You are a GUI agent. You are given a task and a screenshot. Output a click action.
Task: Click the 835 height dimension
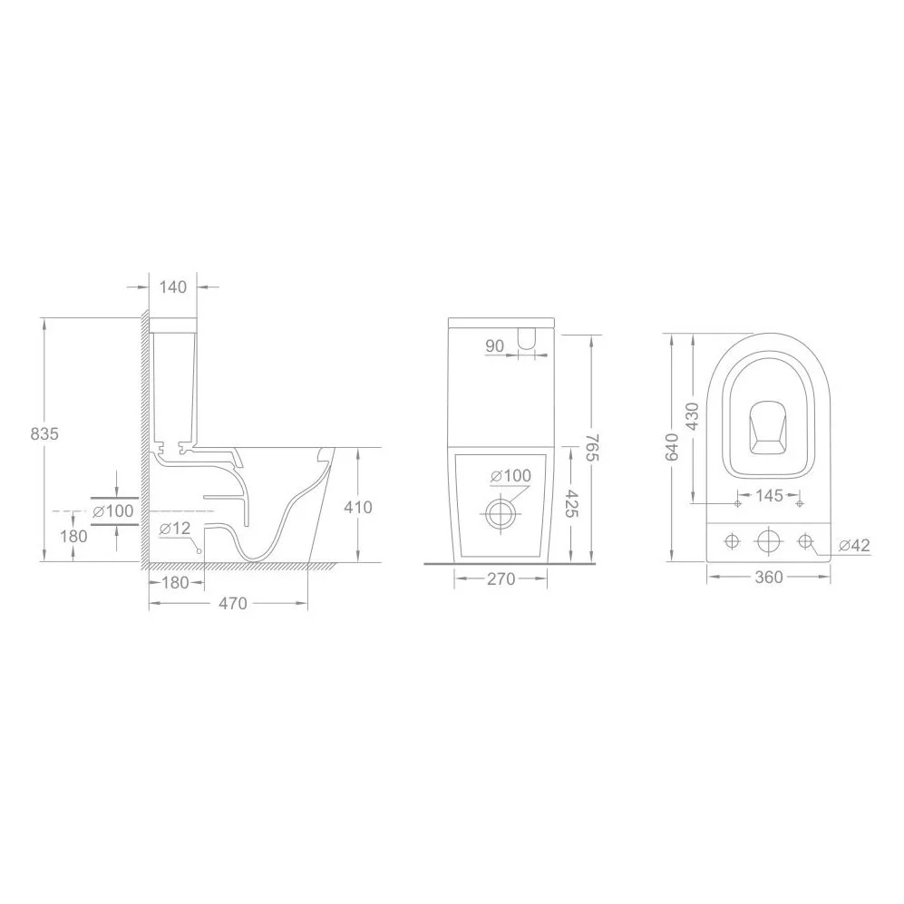point(44,433)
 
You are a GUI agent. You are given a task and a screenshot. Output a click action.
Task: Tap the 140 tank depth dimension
point(173,287)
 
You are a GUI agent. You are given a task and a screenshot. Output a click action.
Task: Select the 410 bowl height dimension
point(358,508)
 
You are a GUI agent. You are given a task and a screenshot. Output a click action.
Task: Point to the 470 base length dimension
point(233,603)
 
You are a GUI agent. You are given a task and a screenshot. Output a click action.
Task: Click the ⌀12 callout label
point(175,528)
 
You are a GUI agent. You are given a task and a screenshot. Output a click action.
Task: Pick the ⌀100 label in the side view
point(112,510)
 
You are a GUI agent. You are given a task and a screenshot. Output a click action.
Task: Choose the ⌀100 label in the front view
point(510,476)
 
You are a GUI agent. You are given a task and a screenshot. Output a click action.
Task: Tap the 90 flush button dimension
point(495,346)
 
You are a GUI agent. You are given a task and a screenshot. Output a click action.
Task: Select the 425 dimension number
point(570,504)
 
